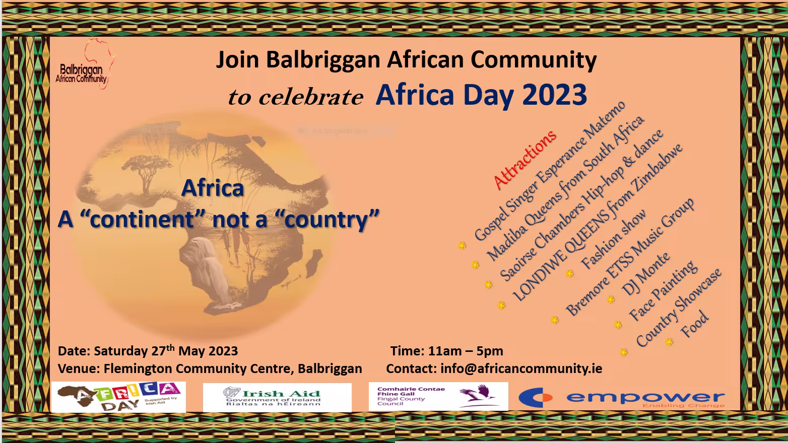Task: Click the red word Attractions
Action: [525, 159]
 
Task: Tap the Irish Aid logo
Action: [277, 397]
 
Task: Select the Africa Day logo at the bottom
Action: [119, 397]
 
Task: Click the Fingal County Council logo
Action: [438, 396]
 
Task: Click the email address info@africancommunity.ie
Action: [521, 368]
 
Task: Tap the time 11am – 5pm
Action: [465, 351]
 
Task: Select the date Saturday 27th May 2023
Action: [166, 351]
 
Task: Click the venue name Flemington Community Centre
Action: [197, 368]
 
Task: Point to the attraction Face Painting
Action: [663, 290]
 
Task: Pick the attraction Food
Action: [695, 325]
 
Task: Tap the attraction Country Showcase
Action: [679, 308]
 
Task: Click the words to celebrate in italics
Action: [295, 97]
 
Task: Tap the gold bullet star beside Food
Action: [669, 342]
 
